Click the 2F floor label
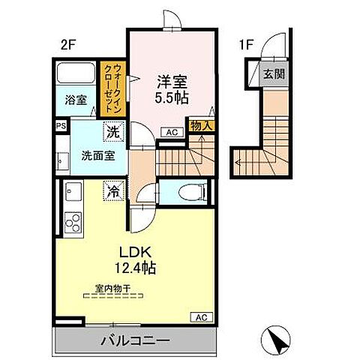point(68,44)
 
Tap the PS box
point(59,127)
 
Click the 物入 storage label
point(200,127)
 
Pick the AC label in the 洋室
point(172,132)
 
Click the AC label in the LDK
point(201,316)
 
